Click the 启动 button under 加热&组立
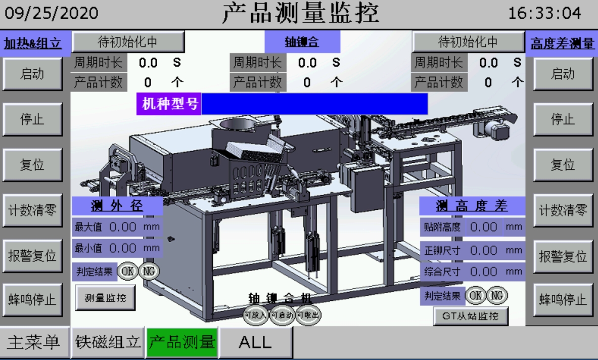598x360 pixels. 32,74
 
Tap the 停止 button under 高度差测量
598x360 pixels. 562,119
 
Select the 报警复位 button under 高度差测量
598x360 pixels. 562,256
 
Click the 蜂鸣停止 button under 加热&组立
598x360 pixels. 32,300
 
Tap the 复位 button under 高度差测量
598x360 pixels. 562,165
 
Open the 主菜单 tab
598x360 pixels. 33,342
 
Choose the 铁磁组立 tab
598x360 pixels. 108,342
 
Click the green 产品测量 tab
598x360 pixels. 182,342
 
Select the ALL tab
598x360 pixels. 255,342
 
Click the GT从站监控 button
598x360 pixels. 471,317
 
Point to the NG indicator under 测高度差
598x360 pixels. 498,295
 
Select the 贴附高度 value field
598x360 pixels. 484,227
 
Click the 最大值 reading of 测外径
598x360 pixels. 123,227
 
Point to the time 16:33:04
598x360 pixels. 545,14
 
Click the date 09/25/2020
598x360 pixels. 52,14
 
